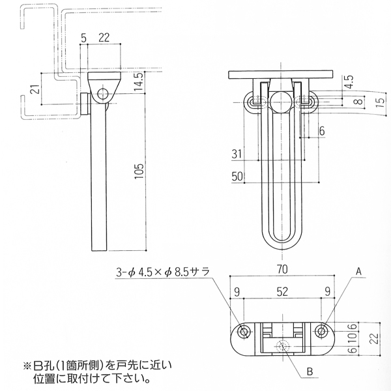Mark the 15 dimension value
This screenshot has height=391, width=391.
[x=379, y=101]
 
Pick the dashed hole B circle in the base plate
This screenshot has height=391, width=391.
[x=283, y=346]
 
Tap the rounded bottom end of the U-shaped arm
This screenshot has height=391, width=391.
[x=282, y=242]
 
